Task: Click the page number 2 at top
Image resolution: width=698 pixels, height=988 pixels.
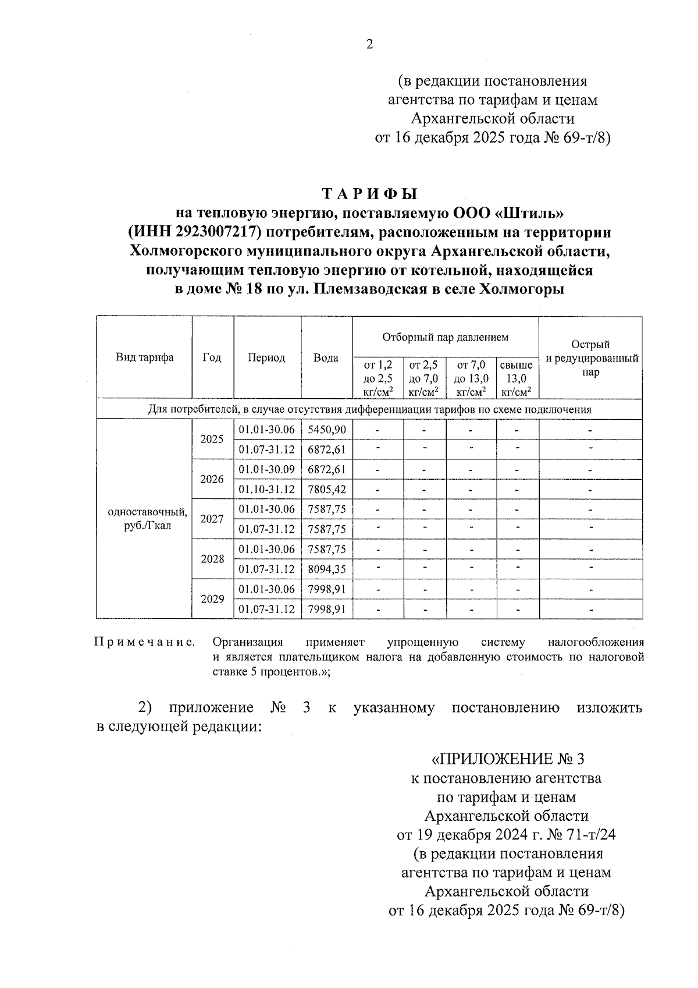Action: pyautogui.click(x=369, y=45)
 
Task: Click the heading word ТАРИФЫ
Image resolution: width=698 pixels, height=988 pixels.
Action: pyautogui.click(x=370, y=194)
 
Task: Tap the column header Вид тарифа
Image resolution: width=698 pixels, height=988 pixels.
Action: pyautogui.click(x=144, y=357)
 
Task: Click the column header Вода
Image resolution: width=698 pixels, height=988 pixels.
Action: pyautogui.click(x=326, y=358)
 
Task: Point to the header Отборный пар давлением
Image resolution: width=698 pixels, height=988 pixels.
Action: pyautogui.click(x=445, y=337)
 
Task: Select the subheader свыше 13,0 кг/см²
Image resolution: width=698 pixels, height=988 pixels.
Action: pyautogui.click(x=517, y=378)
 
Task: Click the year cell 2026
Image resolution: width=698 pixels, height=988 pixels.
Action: pyautogui.click(x=212, y=480)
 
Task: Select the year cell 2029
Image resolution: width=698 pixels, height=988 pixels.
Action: pyautogui.click(x=212, y=599)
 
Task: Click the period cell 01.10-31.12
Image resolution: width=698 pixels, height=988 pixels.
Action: pyautogui.click(x=267, y=490)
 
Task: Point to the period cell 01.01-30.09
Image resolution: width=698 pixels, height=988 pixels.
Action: pyautogui.click(x=267, y=469)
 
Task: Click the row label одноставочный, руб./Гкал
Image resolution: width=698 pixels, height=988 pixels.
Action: pyautogui.click(x=148, y=519)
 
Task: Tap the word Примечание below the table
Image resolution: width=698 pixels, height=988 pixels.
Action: pyautogui.click(x=145, y=643)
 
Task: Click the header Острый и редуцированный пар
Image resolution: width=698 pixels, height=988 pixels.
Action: pyautogui.click(x=590, y=358)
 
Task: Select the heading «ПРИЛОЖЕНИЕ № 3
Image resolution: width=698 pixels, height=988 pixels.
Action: pyautogui.click(x=507, y=759)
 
